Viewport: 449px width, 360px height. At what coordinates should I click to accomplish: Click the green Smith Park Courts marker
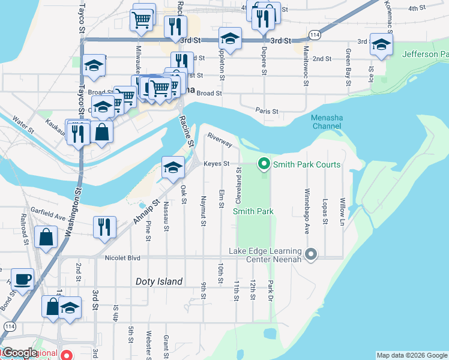pyautogui.click(x=263, y=164)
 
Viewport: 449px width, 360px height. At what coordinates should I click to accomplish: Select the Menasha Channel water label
pyautogui.click(x=326, y=122)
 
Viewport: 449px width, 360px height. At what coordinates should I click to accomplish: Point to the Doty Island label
pyautogui.click(x=158, y=281)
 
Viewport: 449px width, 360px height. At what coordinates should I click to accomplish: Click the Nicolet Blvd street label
pyautogui.click(x=122, y=258)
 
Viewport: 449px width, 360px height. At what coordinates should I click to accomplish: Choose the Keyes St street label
pyautogui.click(x=216, y=163)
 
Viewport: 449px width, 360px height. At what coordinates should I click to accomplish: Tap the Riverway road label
pyautogui.click(x=220, y=140)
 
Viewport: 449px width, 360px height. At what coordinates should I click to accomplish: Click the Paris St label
pyautogui.click(x=267, y=111)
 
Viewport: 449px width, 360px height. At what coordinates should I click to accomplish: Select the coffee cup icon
pyautogui.click(x=23, y=279)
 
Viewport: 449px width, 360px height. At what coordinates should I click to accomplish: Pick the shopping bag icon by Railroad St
pyautogui.click(x=46, y=236)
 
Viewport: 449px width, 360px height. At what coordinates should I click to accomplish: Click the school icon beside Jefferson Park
pyautogui.click(x=381, y=44)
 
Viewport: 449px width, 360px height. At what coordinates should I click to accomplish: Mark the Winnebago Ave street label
pyautogui.click(x=307, y=203)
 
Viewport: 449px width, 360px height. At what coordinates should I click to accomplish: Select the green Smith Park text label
pyautogui.click(x=253, y=211)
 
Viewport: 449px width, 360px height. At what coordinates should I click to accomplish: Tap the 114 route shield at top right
pyautogui.click(x=315, y=36)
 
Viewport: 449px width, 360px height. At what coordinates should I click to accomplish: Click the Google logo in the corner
pyautogui.click(x=19, y=353)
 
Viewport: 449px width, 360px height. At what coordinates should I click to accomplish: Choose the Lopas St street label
pyautogui.click(x=325, y=211)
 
